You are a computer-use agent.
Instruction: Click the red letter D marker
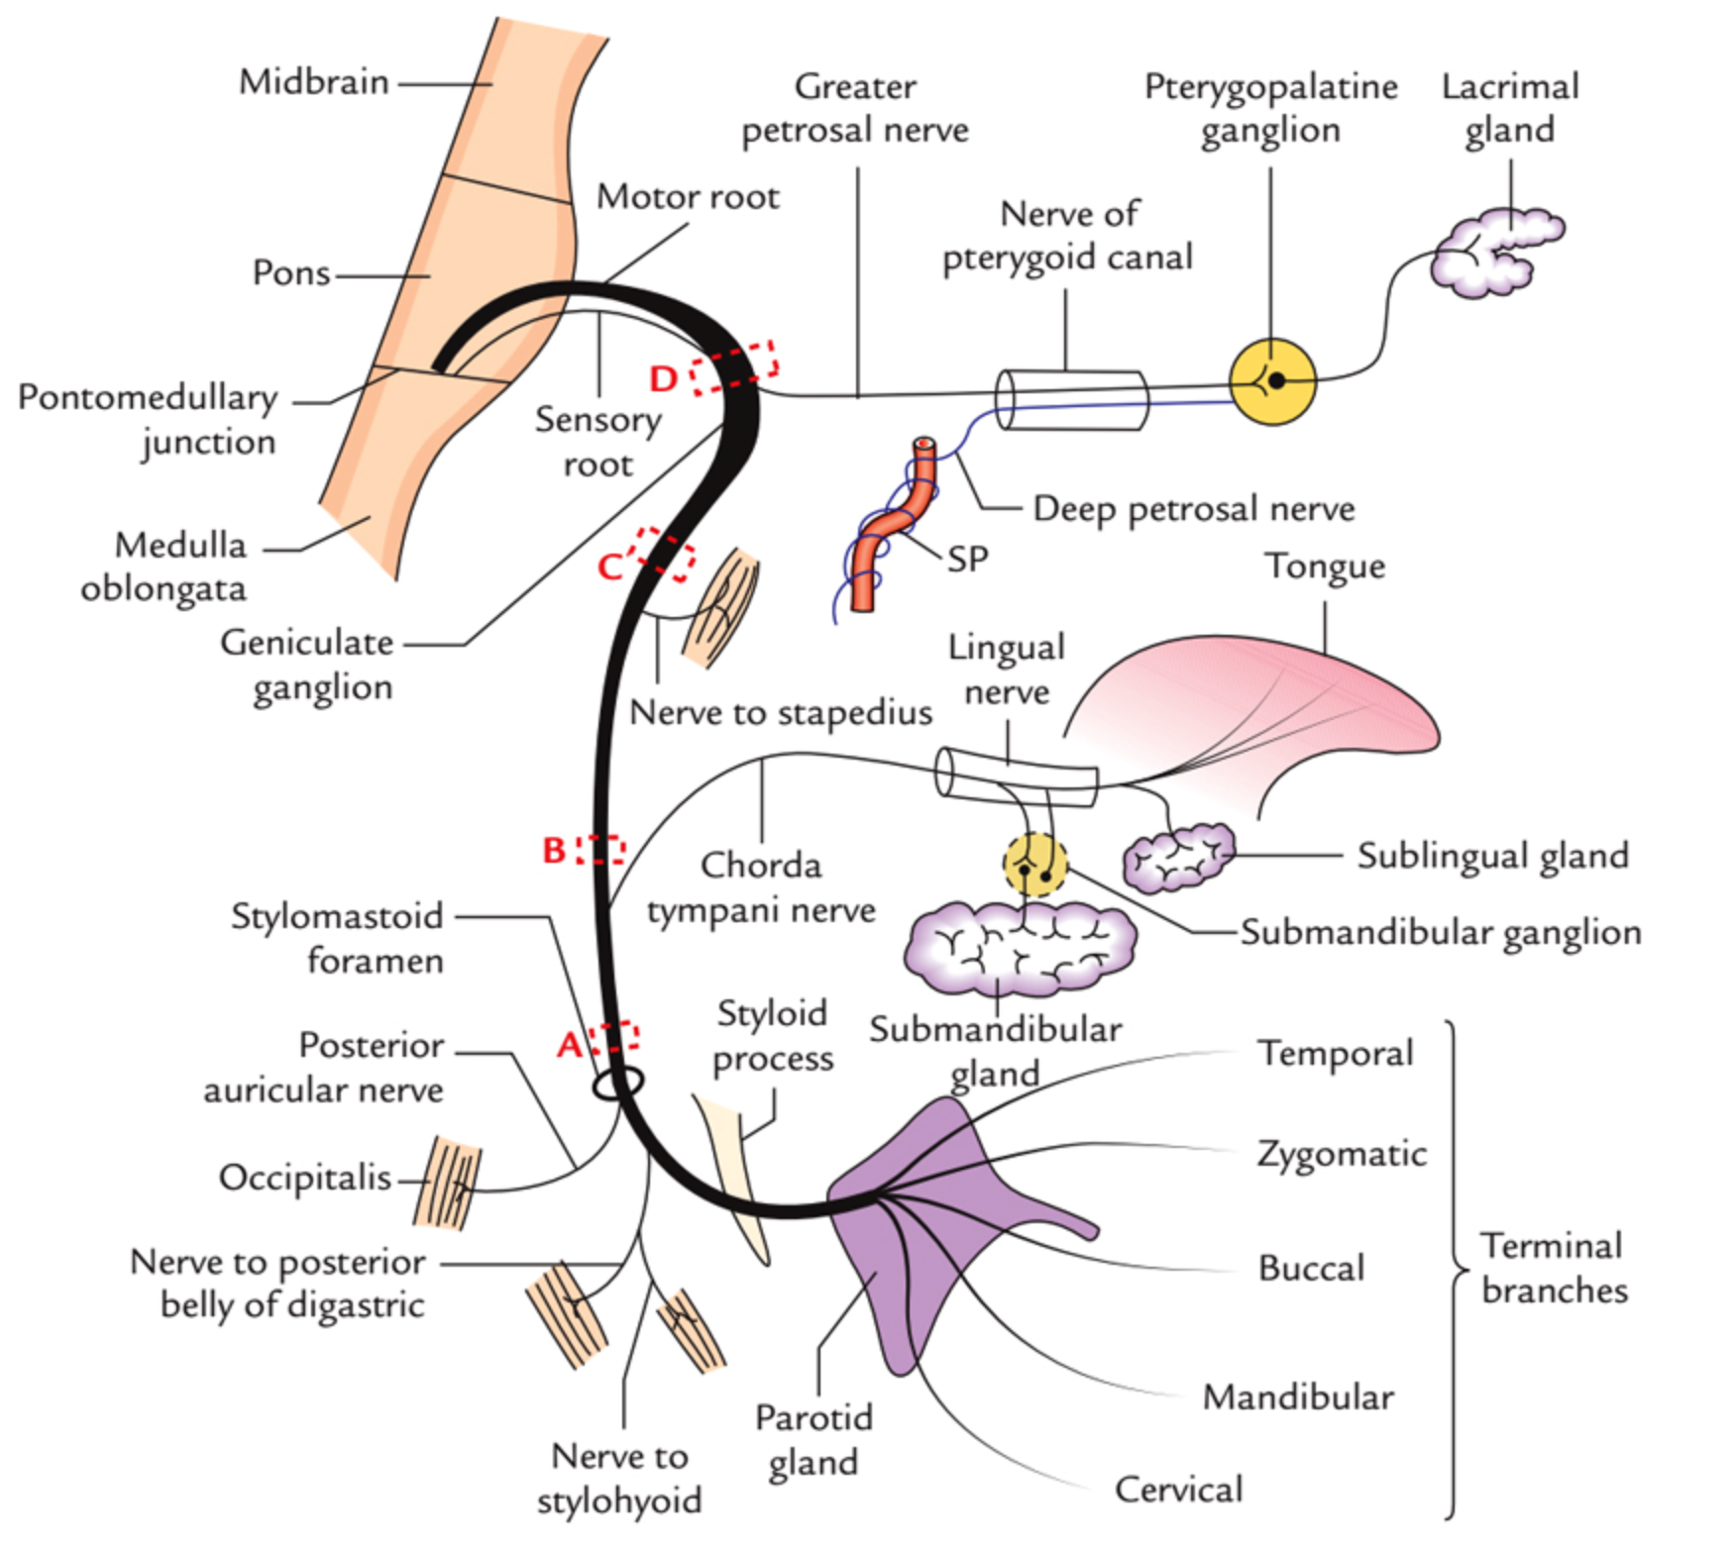tap(663, 378)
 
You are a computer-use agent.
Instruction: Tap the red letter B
tap(554, 850)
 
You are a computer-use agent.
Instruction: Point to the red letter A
tap(569, 1044)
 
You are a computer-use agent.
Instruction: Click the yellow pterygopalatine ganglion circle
tap(1272, 381)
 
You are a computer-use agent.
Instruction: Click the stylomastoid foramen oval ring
tap(618, 1084)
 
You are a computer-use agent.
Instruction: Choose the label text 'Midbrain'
tap(314, 82)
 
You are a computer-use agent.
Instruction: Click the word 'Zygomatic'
tap(1342, 1154)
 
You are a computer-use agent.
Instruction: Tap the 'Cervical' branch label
tap(1178, 1490)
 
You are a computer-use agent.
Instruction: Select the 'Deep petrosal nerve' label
tap(1193, 509)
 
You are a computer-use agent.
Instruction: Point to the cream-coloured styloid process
tap(738, 1169)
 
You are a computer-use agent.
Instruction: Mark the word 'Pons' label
tap(290, 272)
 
